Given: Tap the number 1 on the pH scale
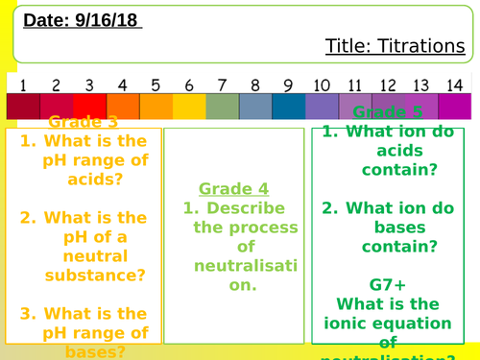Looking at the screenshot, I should (23, 84).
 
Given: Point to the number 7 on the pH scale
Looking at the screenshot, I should (222, 84).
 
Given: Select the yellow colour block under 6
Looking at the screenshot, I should (188, 106).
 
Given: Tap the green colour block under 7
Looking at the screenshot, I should (222, 106).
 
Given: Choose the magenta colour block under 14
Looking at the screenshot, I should (454, 106).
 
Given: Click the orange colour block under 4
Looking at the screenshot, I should (122, 106).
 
